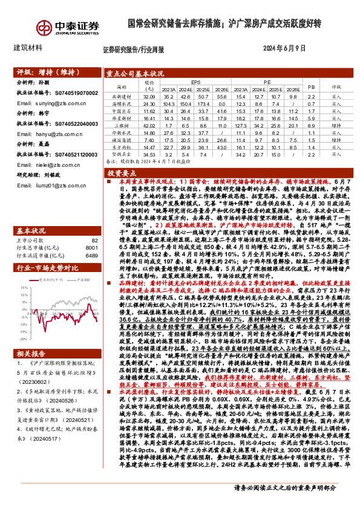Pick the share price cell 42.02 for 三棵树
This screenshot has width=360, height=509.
click(150, 125)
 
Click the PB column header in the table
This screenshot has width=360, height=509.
click(312, 86)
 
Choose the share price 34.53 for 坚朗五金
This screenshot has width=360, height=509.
click(150, 155)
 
